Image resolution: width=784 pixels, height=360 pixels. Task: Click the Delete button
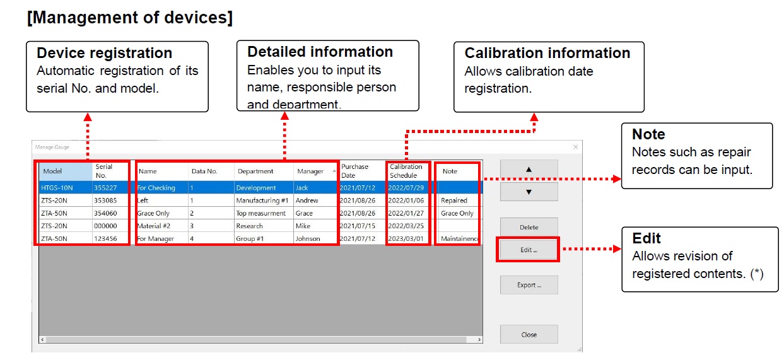(529, 227)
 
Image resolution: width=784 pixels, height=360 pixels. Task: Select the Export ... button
(529, 285)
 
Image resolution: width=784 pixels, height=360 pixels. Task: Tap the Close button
(529, 334)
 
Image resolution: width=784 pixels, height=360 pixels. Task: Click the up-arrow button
(529, 170)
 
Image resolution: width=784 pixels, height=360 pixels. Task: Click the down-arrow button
(529, 192)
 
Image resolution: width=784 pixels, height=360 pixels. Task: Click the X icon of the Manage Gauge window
(576, 147)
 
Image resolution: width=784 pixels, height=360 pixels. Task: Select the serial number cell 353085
(105, 200)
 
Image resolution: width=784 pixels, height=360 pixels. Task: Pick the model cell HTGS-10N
(57, 188)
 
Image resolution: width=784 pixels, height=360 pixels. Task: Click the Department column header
(255, 171)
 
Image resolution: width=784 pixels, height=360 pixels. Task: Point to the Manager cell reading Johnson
(308, 238)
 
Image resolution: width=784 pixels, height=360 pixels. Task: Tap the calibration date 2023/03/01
(406, 238)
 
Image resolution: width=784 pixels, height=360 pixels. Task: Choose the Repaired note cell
(454, 200)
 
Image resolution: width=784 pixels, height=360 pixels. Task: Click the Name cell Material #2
(154, 226)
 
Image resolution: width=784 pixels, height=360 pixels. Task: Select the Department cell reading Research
(250, 226)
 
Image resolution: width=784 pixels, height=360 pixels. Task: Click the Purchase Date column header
(354, 171)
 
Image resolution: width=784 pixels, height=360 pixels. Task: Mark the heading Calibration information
(547, 53)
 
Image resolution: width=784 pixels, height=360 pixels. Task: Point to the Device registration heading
(104, 53)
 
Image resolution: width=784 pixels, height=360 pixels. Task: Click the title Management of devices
(130, 18)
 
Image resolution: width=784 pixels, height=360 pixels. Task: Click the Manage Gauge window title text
(52, 148)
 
